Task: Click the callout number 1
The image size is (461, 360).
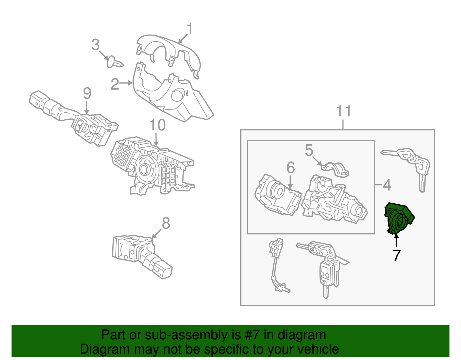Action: click(190, 29)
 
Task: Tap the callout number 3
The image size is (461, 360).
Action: click(95, 45)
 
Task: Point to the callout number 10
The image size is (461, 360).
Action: click(157, 125)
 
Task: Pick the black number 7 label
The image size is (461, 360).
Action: click(396, 256)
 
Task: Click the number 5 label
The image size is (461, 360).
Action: click(309, 150)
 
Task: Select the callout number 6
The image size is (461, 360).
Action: click(291, 167)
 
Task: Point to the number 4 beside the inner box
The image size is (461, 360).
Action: click(387, 185)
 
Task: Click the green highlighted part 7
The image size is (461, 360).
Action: click(399, 218)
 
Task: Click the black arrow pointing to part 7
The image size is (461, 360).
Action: click(396, 240)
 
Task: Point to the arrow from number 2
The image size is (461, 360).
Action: click(126, 83)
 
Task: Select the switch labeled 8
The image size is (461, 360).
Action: click(142, 257)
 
